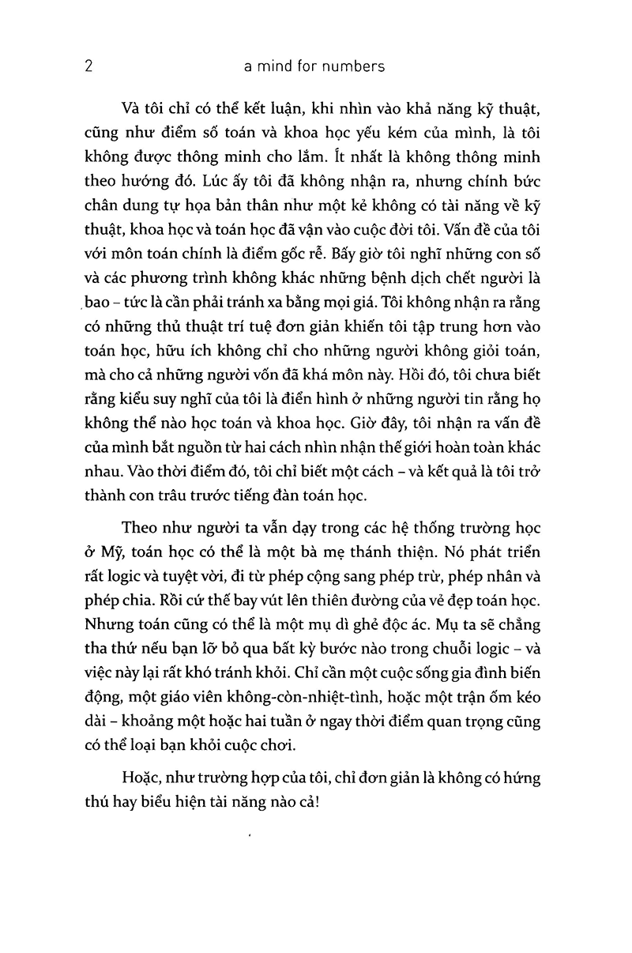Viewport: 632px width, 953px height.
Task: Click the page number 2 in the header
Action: point(88,66)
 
